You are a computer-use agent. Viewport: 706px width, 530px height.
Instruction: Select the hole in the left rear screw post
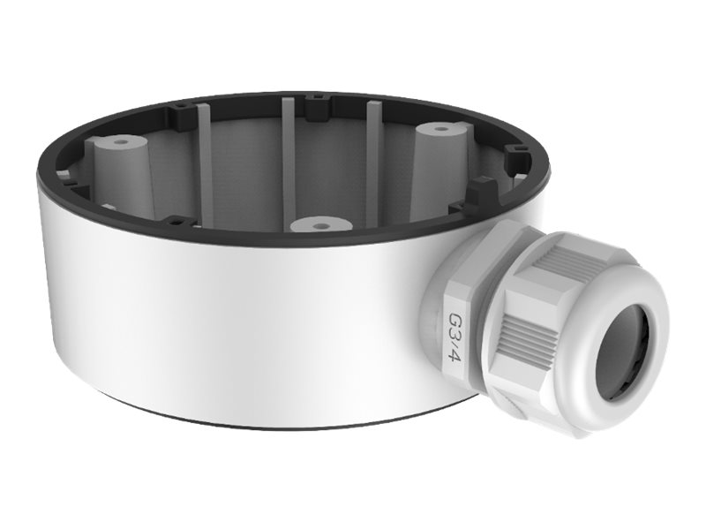pyautogui.click(x=118, y=140)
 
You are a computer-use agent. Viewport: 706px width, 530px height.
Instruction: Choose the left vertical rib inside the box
pyautogui.click(x=206, y=159)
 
